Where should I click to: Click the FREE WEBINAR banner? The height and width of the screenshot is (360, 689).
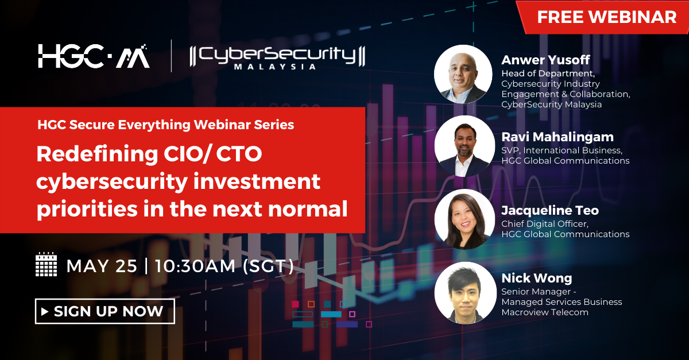(606, 17)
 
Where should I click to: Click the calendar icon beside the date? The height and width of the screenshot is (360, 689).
(47, 265)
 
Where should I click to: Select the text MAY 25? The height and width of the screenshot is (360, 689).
(102, 266)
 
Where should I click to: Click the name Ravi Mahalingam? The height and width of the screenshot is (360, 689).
(558, 137)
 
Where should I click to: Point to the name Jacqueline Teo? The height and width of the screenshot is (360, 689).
(550, 210)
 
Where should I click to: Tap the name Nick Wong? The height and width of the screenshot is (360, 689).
(537, 278)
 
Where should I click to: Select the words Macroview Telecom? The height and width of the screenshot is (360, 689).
(544, 312)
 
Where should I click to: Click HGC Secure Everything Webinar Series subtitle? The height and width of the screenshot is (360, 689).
(165, 125)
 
